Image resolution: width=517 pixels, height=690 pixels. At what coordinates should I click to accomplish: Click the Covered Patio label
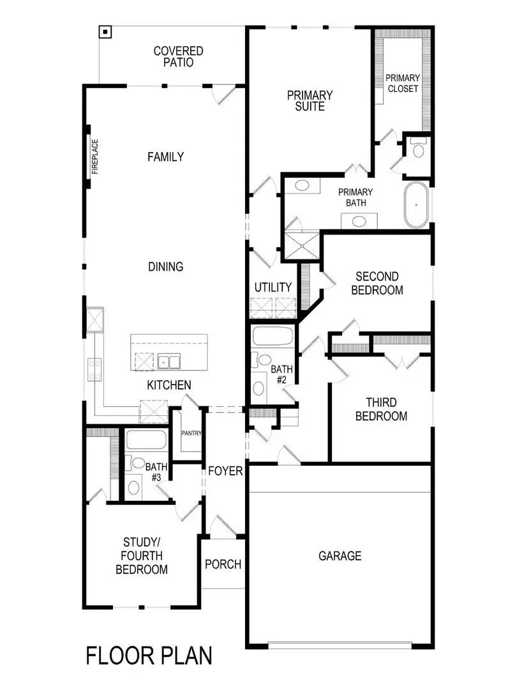pos(178,57)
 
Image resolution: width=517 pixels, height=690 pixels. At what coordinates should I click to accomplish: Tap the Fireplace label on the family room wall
pos(95,157)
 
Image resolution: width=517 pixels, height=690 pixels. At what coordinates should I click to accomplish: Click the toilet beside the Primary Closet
pos(419,150)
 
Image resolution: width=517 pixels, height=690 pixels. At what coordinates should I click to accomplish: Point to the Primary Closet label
pos(403,83)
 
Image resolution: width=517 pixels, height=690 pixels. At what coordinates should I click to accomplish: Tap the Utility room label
pos(273,287)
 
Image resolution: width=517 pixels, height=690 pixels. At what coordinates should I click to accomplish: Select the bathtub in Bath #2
pos(273,336)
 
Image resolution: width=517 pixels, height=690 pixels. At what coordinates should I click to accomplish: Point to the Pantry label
pos(191,433)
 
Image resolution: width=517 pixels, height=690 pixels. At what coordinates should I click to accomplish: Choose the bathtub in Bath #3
pos(146,440)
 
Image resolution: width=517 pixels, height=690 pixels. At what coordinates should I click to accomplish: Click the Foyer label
pos(225,471)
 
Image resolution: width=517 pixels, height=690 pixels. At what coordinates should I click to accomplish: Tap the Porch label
pos(223,564)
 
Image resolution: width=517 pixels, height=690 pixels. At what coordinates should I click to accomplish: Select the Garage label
pos(340,556)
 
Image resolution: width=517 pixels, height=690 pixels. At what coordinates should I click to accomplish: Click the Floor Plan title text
pos(149,655)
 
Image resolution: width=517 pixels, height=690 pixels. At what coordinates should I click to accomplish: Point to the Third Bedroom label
pos(381,410)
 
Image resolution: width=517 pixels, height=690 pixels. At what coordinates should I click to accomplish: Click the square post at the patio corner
pos(105,31)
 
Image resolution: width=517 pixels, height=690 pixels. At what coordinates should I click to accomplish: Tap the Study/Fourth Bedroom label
pos(142,556)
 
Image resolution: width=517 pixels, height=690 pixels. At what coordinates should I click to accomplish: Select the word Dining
pos(165,266)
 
